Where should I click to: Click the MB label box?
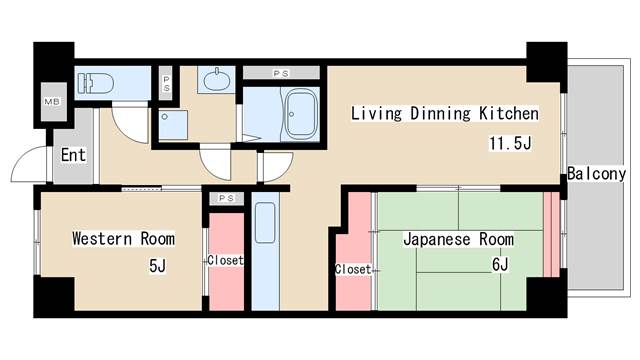point(51,102)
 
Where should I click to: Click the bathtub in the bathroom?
point(300,115)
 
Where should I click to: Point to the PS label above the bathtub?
point(281,73)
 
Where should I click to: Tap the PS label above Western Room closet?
point(225,198)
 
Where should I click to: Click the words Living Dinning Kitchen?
point(444,113)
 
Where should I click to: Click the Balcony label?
point(596,173)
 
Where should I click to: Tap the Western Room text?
point(123,239)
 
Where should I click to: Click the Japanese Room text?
point(458,239)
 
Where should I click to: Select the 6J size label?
point(500,265)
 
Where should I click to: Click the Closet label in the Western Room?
point(225,260)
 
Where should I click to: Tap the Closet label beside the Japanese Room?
point(353,269)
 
